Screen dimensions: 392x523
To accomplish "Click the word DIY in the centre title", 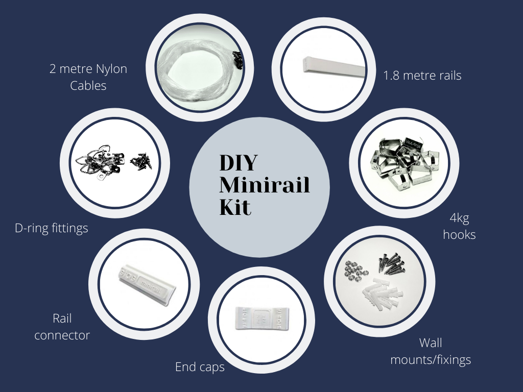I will coord(238,163).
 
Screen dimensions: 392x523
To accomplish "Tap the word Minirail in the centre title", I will coord(265,185).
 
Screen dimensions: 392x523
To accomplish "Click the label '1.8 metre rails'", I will coord(422,76).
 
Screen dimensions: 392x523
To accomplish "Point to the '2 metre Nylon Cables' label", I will coord(88,77).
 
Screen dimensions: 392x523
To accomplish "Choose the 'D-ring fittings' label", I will coord(52,228).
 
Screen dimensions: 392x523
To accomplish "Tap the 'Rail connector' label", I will coord(62,327).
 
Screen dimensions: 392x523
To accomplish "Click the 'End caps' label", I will coord(200,366).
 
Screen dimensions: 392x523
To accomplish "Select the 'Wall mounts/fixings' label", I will coord(431,351).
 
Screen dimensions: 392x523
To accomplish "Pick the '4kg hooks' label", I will coord(460,226).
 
